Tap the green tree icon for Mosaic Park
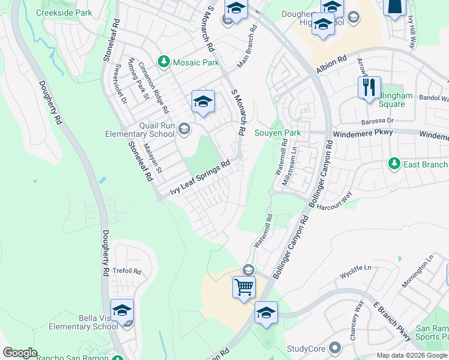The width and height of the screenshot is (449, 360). (163, 61)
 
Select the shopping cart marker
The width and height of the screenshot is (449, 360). (244, 287)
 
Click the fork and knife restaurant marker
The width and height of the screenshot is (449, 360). (369, 88)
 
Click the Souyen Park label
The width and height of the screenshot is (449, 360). (277, 133)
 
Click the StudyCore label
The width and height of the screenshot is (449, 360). (306, 348)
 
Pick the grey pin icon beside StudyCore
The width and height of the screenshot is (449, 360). (335, 348)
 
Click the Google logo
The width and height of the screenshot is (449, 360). (20, 353)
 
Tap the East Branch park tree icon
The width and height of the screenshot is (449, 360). (394, 163)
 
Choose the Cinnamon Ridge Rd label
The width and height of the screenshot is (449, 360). (154, 88)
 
